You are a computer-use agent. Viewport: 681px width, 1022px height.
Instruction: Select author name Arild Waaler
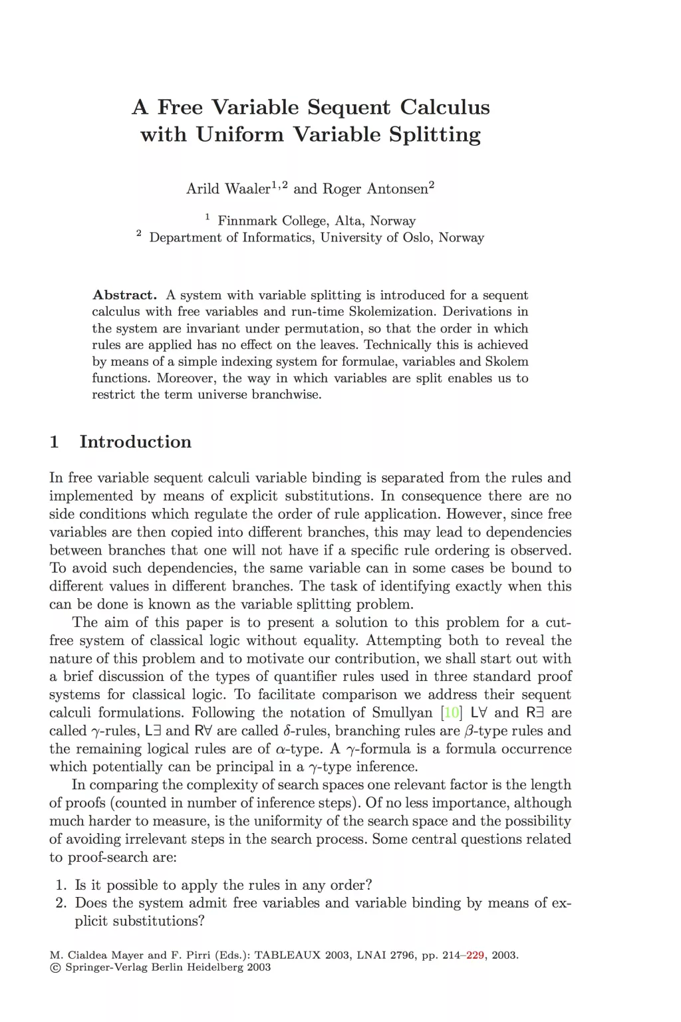click(x=228, y=189)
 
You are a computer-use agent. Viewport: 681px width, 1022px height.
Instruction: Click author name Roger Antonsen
click(x=375, y=189)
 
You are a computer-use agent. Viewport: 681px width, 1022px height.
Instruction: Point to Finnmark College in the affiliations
click(x=272, y=221)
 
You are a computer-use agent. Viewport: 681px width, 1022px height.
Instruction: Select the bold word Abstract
click(x=124, y=295)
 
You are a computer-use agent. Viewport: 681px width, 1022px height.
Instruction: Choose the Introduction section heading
click(x=136, y=442)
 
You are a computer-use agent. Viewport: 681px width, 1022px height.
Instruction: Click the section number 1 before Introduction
click(x=55, y=442)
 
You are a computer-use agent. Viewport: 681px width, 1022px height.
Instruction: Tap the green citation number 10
click(x=452, y=713)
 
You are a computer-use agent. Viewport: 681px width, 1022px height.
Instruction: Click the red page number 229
click(x=475, y=956)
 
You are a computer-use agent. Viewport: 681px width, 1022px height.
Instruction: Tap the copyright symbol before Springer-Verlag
click(x=55, y=967)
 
